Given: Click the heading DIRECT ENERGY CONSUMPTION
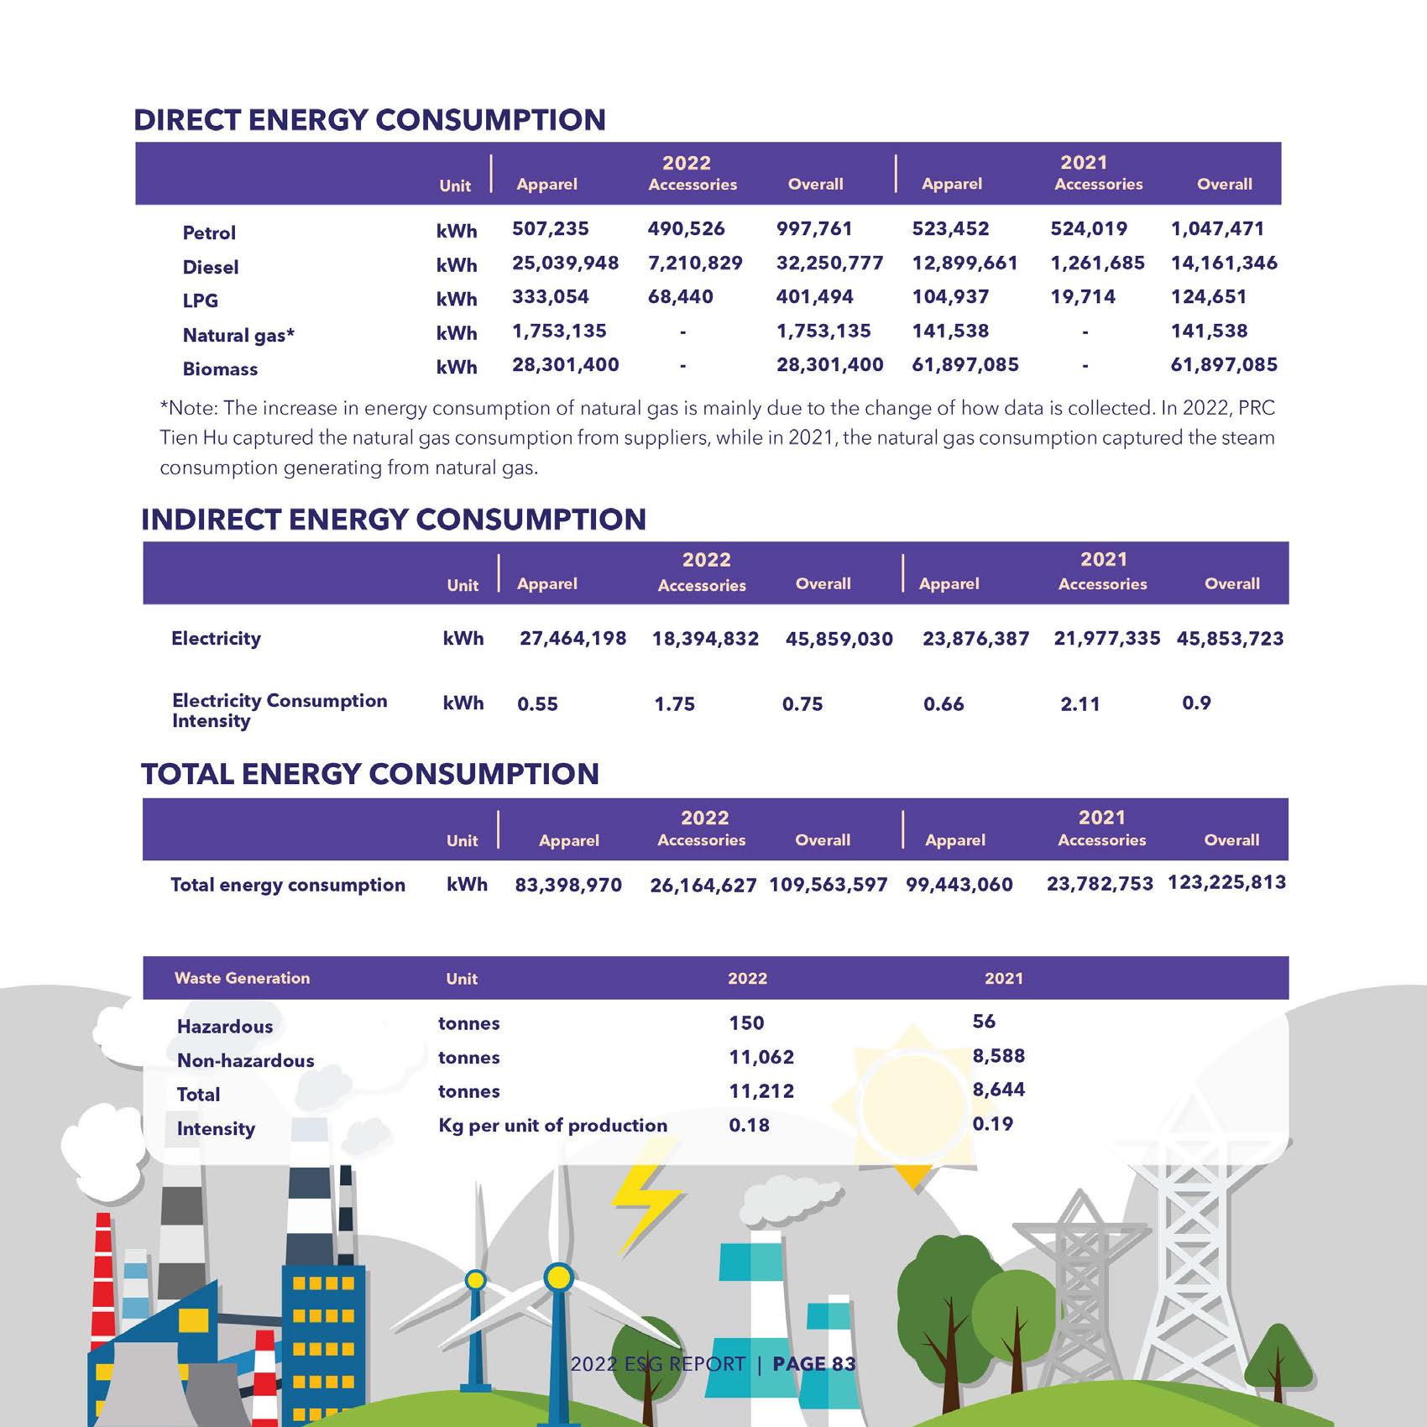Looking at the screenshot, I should click(x=369, y=120).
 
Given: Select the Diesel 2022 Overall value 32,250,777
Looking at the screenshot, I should click(x=829, y=264).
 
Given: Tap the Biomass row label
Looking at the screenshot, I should click(x=220, y=369).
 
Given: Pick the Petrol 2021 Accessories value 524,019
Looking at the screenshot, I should click(x=1089, y=229).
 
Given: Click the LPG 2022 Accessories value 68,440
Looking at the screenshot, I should click(x=680, y=297).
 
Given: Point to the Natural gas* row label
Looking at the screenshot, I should click(x=238, y=336).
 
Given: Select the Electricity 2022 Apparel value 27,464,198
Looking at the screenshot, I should click(x=572, y=639).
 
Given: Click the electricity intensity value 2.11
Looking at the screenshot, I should click(x=1079, y=704).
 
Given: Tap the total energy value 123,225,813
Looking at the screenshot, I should click(x=1226, y=883).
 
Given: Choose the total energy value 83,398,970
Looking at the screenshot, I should click(x=568, y=885).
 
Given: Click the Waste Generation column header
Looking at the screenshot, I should click(x=242, y=978).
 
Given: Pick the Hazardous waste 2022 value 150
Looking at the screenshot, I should click(x=746, y=1023).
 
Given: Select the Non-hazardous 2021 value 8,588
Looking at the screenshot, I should click(x=998, y=1056).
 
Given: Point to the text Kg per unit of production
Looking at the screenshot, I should click(x=552, y=1126).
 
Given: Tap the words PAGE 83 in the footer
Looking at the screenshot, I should click(x=813, y=1364).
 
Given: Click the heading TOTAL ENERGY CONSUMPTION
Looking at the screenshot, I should click(x=369, y=774).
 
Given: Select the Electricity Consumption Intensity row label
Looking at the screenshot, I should click(x=279, y=710).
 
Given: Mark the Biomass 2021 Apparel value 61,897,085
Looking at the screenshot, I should click(x=964, y=365).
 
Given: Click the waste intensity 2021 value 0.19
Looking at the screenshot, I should click(x=992, y=1124).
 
